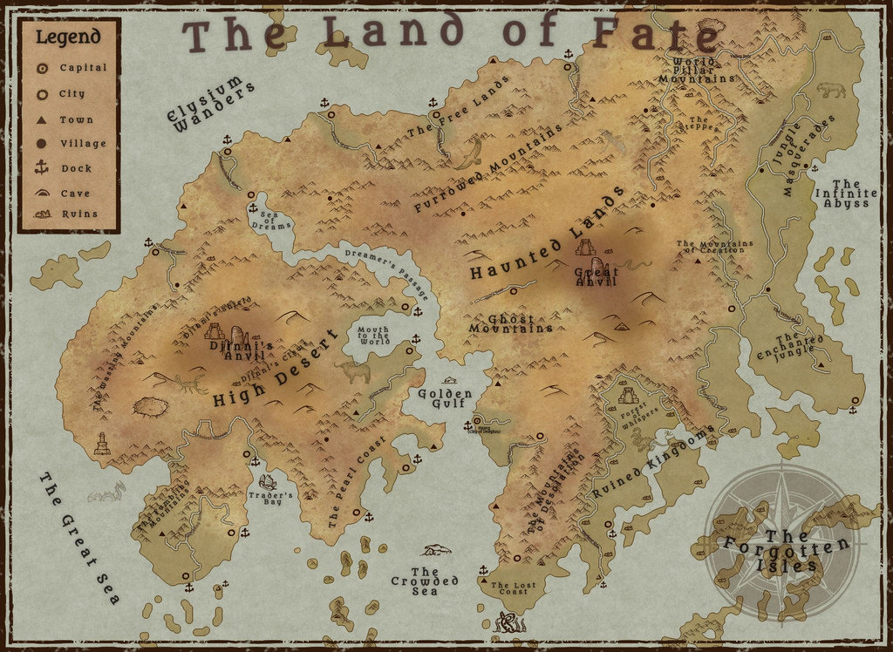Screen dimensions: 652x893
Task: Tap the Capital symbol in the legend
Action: pyautogui.click(x=42, y=68)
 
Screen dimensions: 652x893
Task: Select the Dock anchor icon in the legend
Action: pyautogui.click(x=42, y=167)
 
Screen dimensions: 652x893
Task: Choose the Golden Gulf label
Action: pyautogui.click(x=445, y=398)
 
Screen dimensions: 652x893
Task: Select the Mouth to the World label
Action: pyautogui.click(x=374, y=336)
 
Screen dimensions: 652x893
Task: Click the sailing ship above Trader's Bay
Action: pyautogui.click(x=268, y=481)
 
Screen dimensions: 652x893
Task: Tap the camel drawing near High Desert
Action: pyautogui.click(x=353, y=372)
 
